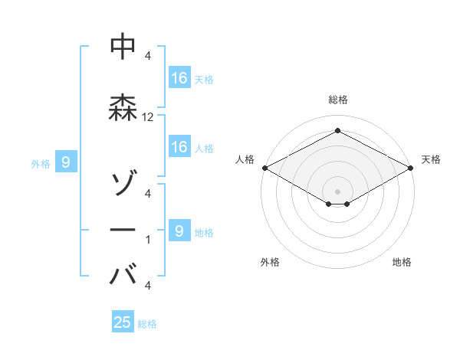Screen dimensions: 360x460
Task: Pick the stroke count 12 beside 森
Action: coord(148,117)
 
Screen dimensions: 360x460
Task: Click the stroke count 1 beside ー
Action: coord(148,240)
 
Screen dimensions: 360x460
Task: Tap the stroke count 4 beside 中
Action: coord(148,56)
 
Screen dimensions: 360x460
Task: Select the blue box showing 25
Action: coord(123,322)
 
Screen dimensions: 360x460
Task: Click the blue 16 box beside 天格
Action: coord(179,77)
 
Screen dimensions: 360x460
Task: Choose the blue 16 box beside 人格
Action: coord(179,147)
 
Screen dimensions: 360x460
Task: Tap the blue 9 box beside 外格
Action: coord(66,162)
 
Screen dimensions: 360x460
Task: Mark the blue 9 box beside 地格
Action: coord(179,231)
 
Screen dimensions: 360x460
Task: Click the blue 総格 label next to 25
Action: coord(147,324)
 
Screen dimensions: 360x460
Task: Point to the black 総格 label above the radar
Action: coord(337,100)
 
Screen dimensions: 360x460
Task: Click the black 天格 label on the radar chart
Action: coord(431,159)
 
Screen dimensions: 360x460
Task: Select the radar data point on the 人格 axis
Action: coord(264,168)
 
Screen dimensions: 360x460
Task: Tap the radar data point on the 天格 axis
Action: coord(411,168)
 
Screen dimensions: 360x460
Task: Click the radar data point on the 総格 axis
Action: coord(337,131)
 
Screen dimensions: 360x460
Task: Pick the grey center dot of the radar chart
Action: coord(337,191)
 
